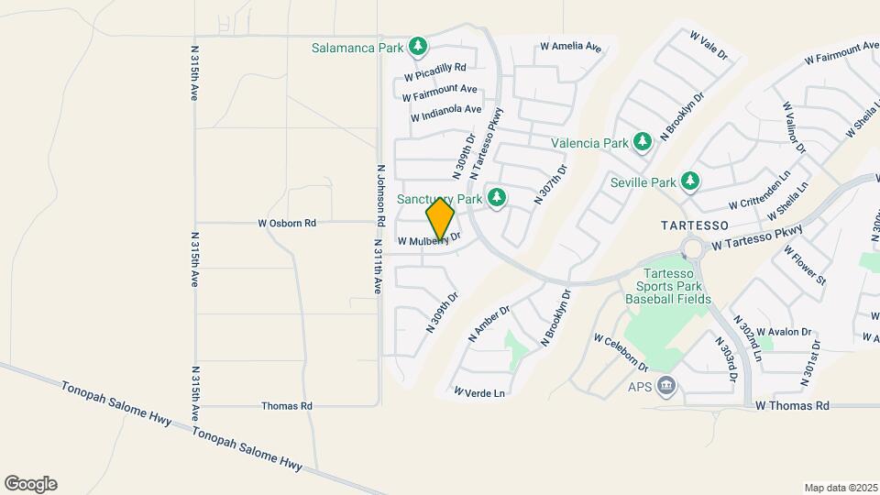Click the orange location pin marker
click(441, 219)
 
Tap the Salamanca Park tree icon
click(418, 45)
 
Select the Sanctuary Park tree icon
click(497, 197)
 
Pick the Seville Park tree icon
click(690, 181)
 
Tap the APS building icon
click(666, 386)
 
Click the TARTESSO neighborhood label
click(695, 225)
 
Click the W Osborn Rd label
click(287, 223)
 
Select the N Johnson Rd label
click(379, 196)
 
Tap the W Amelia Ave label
click(570, 46)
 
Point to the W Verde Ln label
click(479, 392)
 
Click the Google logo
click(30, 484)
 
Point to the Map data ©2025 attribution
click(840, 487)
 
